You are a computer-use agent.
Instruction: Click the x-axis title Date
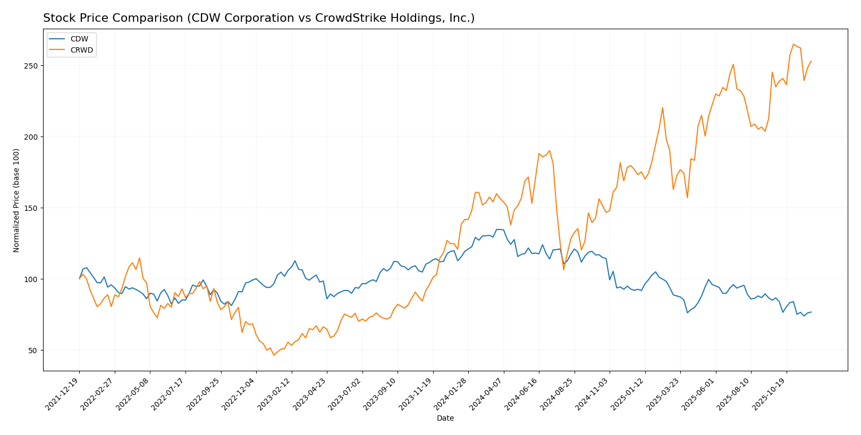click(x=445, y=419)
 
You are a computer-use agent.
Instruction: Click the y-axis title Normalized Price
click(x=16, y=200)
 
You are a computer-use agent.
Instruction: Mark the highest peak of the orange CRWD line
click(x=794, y=44)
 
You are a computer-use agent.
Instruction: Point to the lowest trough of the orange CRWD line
click(x=274, y=355)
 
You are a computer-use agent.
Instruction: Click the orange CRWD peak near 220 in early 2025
click(x=662, y=107)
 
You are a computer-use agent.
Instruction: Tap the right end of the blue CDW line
click(x=811, y=312)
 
